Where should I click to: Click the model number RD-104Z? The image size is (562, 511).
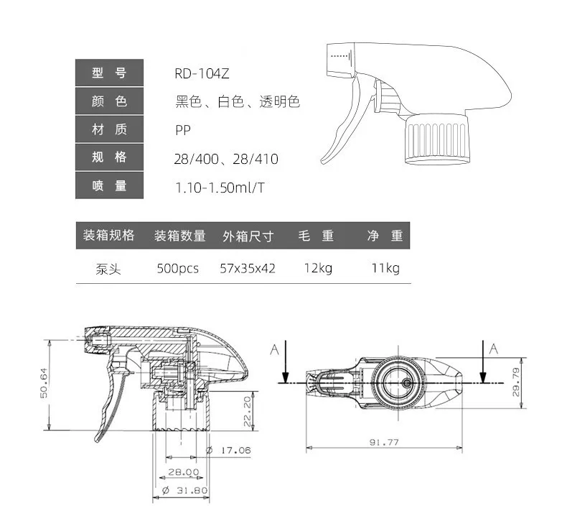pos(202,73)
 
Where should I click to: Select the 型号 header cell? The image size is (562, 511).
pos(109,73)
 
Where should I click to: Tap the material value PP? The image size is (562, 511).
pos(183,130)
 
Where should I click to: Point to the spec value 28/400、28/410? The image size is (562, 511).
pos(226,159)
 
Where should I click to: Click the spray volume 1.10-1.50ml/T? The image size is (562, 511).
pos(220,188)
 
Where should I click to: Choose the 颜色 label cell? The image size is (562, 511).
pos(109,101)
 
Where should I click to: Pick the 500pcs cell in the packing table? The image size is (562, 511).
pos(178,268)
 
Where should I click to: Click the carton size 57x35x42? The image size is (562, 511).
pos(248,268)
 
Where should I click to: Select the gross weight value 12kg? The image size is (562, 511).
pos(318,268)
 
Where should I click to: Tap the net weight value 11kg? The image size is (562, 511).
pos(385,268)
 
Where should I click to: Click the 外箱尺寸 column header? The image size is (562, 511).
pos(248,236)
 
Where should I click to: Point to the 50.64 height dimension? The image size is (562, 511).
pos(44,383)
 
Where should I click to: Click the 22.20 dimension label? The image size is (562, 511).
pos(248,411)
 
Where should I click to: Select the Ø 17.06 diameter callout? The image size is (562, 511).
pos(229,450)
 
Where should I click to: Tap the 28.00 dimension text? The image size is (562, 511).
pos(184,472)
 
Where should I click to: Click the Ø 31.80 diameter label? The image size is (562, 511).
pos(184,490)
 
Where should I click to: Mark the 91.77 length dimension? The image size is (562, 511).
pos(384,442)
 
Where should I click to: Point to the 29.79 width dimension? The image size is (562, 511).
pos(516,382)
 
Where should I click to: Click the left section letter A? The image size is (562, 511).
pos(275,349)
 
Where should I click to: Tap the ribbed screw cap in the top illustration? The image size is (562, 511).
pos(437,139)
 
